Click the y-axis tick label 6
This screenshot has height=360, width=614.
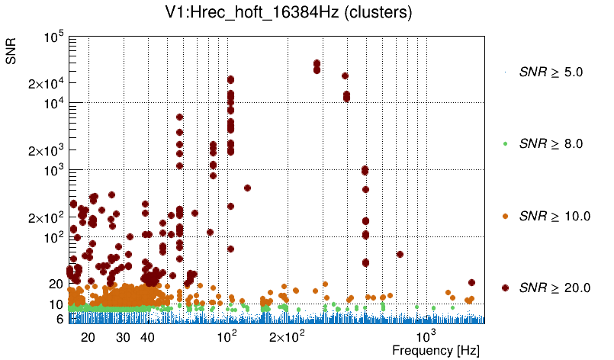coord(59,320)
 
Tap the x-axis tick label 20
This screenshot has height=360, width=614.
coord(88,337)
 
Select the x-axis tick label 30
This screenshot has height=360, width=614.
coord(123,337)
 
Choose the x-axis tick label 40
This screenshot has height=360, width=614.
coord(147,337)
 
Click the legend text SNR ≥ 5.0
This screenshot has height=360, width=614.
coord(551,72)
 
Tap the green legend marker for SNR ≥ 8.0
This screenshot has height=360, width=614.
coord(506,143)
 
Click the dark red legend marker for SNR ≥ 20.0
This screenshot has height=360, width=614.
coord(506,288)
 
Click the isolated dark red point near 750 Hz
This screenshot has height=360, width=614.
coord(400,255)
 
